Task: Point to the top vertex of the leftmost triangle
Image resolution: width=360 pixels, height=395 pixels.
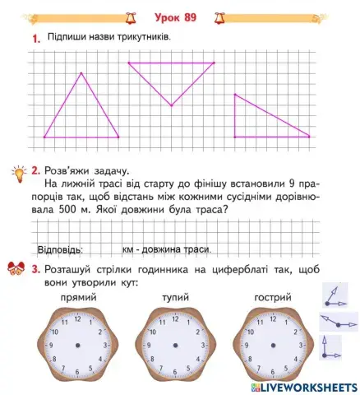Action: (81, 73)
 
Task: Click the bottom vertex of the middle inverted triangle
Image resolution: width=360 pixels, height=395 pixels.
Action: (171, 105)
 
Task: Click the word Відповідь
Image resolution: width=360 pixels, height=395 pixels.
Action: (61, 249)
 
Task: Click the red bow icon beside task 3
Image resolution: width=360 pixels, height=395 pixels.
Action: (16, 269)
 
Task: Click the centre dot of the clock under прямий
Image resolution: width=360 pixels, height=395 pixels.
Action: (79, 346)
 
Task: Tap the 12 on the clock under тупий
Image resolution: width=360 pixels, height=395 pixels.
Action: (176, 318)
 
